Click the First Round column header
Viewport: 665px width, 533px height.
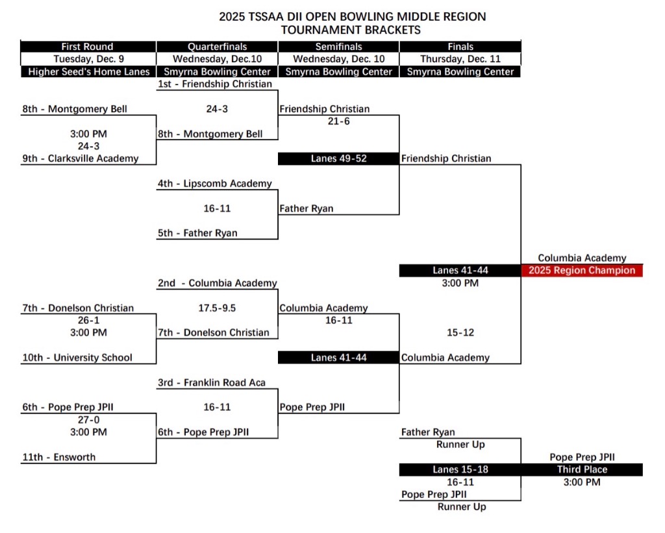[87, 47]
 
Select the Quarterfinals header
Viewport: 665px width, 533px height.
[217, 47]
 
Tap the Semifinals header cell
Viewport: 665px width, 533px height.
[338, 47]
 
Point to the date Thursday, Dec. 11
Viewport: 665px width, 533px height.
[460, 59]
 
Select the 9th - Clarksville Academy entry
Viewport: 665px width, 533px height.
[81, 158]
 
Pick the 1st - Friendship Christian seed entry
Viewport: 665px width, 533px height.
[215, 84]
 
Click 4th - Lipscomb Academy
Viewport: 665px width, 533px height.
[215, 184]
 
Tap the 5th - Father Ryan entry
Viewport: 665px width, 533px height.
[197, 233]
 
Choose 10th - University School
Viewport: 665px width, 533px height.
[77, 358]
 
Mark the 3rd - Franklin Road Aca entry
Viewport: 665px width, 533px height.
[212, 383]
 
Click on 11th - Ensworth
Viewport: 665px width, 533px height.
[59, 457]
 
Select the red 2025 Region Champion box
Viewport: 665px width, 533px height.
[582, 271]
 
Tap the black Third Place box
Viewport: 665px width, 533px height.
[582, 469]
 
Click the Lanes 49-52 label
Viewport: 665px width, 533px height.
[338, 158]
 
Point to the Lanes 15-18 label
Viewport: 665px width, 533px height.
[460, 469]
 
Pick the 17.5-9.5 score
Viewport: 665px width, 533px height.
[217, 308]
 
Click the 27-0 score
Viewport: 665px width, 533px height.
[88, 420]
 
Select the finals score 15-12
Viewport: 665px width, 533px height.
[460, 333]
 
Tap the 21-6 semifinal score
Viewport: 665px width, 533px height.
[338, 121]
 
